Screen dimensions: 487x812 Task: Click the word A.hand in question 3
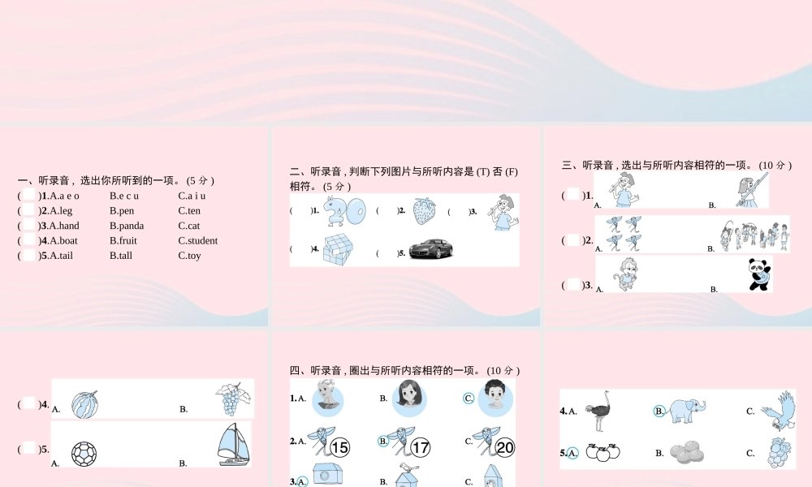[x=64, y=226]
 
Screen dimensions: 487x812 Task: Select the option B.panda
[x=127, y=226]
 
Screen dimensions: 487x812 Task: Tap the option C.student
[x=198, y=240]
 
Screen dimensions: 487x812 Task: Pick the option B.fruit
[x=123, y=240]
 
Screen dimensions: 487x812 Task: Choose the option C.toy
[x=189, y=256]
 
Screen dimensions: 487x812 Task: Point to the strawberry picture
[x=423, y=211]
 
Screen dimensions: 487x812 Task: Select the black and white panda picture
[x=759, y=274]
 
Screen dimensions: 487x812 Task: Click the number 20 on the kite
[x=504, y=447]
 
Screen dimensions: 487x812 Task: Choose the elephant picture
[x=687, y=410]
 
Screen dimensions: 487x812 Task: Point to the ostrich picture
[x=602, y=410]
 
